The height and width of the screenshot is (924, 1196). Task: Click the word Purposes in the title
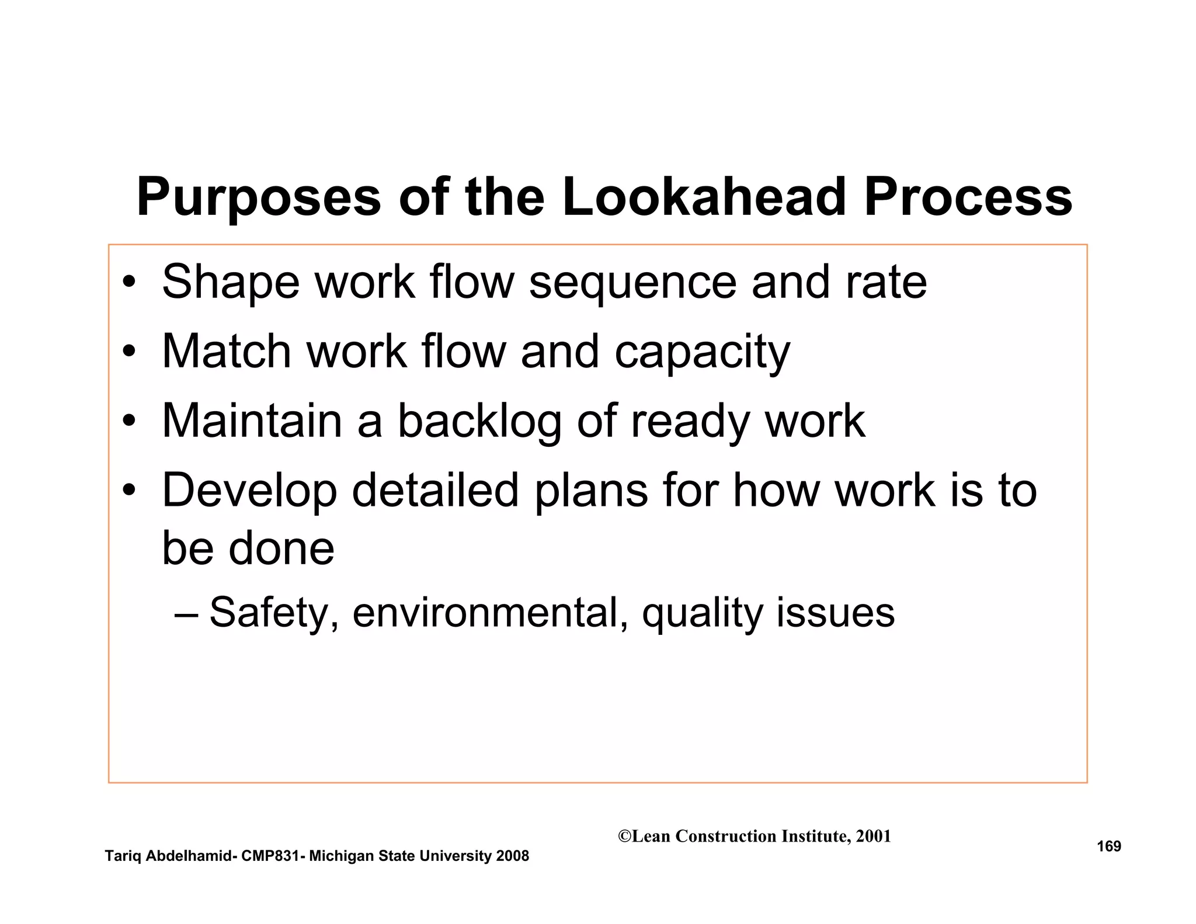(259, 197)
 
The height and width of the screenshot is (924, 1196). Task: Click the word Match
(227, 352)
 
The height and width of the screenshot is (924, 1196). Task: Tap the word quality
(702, 614)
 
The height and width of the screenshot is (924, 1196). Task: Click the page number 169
(1108, 846)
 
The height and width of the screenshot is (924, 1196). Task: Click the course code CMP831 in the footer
(271, 856)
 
